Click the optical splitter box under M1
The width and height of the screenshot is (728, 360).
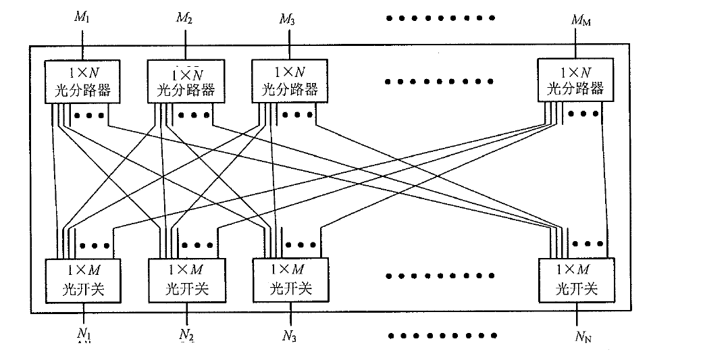[82, 81]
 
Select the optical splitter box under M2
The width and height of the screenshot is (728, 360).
[186, 81]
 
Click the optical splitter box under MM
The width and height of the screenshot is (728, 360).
[575, 80]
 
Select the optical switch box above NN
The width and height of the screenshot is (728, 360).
[577, 280]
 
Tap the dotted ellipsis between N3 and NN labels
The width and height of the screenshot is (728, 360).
[440, 334]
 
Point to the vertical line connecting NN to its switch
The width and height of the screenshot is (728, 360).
[578, 313]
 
